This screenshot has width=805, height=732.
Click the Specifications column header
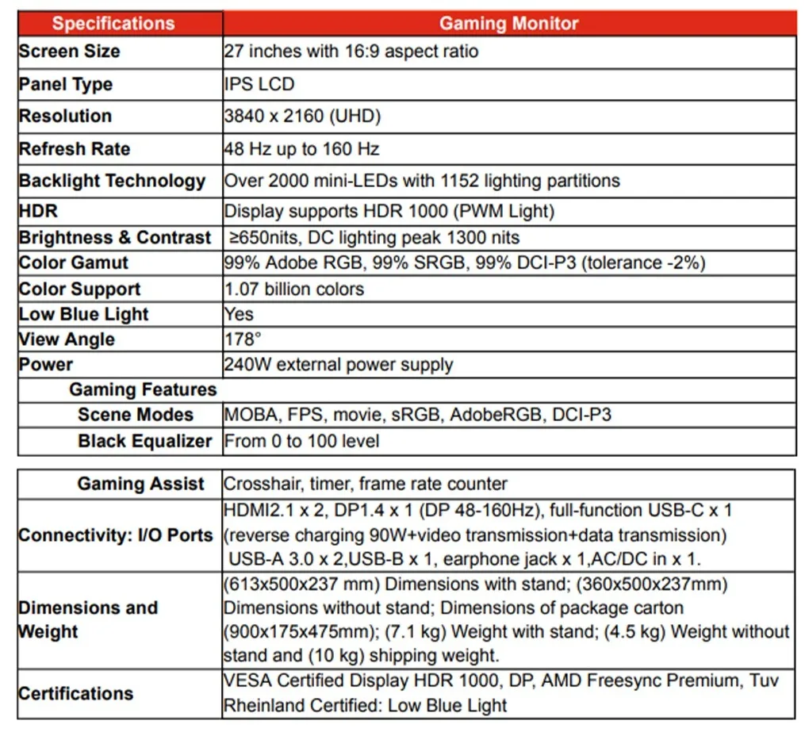click(x=113, y=23)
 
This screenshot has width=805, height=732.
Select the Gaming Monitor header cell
click(x=509, y=23)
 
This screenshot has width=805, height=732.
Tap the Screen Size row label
click(x=70, y=52)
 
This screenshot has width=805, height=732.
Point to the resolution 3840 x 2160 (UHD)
click(x=303, y=117)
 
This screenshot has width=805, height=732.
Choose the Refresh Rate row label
click(x=75, y=149)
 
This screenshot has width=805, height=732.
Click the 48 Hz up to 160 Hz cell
click(x=302, y=149)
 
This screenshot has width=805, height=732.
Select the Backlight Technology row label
click(x=112, y=181)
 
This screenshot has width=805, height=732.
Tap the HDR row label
click(x=39, y=212)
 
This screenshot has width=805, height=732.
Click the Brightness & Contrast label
click(x=115, y=238)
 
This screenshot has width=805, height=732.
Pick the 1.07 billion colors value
click(x=294, y=289)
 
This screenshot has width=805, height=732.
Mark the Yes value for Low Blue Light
click(x=239, y=314)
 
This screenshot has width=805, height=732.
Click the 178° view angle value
click(x=243, y=339)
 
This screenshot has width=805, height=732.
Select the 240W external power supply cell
click(x=339, y=365)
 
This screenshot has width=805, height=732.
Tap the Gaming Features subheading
click(x=143, y=389)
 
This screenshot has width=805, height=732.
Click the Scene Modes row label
click(x=136, y=415)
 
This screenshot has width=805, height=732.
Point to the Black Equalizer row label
click(x=145, y=441)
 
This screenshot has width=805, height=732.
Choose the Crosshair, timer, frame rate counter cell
click(x=366, y=484)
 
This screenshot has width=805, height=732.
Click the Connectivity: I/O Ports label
click(x=116, y=535)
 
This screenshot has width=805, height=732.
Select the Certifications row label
click(x=76, y=694)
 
